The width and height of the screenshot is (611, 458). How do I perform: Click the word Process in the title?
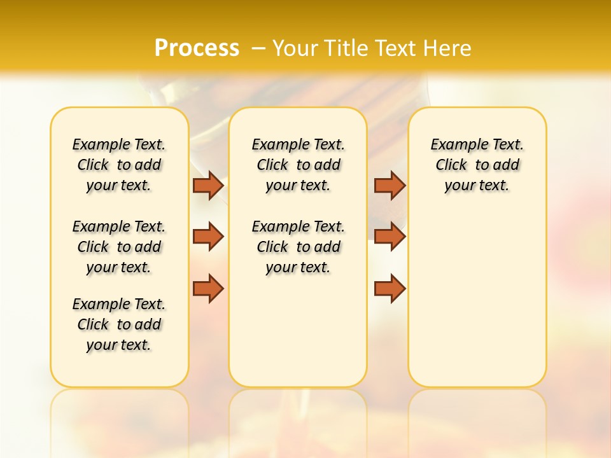[x=197, y=48]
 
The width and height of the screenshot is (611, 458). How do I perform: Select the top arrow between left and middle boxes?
[x=208, y=185]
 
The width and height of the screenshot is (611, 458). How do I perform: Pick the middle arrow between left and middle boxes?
[x=208, y=237]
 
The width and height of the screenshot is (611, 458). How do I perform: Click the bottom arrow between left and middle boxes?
[x=208, y=288]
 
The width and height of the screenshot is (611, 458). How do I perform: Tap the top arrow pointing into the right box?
[x=390, y=185]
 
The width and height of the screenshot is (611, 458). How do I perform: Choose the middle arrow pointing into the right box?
[x=390, y=237]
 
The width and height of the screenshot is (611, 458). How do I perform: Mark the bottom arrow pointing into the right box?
[x=390, y=288]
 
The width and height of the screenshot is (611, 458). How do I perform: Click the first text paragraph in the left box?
[x=119, y=165]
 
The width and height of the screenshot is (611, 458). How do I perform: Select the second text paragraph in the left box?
[x=119, y=247]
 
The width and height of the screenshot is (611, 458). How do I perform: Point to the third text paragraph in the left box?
[x=119, y=324]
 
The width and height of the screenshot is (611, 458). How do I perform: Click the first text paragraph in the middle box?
[x=298, y=165]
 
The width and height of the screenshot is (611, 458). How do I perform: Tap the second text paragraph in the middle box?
[x=298, y=247]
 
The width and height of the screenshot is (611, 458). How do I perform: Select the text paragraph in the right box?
[x=477, y=165]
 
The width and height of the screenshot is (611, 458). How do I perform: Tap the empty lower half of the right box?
[x=477, y=305]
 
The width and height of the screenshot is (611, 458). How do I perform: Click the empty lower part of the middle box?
[x=298, y=331]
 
